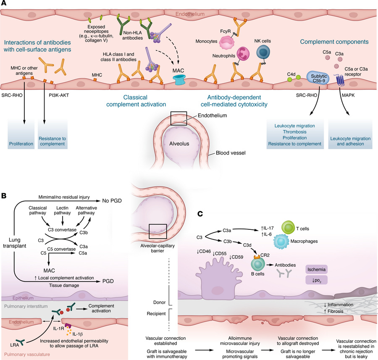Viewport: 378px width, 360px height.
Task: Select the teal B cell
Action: point(259,265)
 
